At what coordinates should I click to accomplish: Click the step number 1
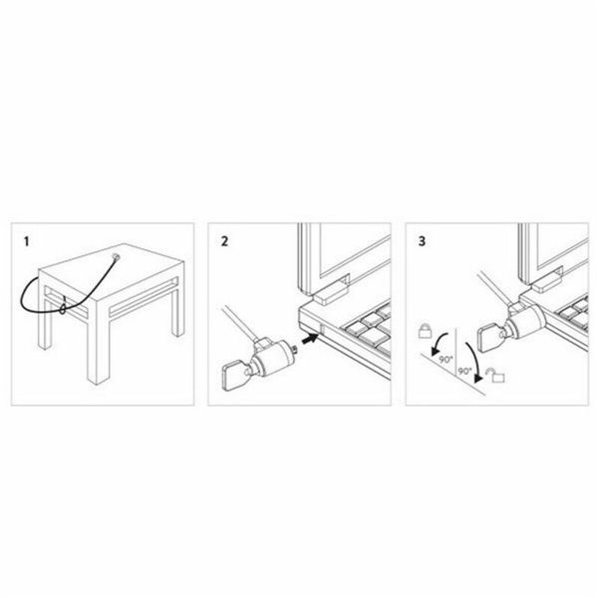click(x=28, y=241)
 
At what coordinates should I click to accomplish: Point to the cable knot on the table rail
click(x=63, y=309)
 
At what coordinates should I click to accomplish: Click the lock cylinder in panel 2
click(x=272, y=353)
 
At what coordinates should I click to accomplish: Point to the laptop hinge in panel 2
click(x=328, y=290)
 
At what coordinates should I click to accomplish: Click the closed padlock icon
click(x=425, y=331)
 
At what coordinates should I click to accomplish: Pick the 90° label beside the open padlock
click(x=464, y=372)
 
